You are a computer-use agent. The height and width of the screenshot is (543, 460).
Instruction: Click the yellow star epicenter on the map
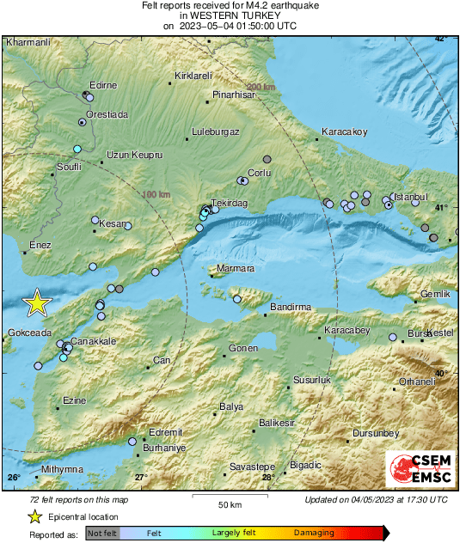37,302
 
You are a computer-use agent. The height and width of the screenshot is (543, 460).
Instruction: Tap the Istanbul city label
409,197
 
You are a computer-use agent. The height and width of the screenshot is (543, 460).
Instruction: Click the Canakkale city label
93,341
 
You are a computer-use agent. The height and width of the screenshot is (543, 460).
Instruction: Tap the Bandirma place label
290,307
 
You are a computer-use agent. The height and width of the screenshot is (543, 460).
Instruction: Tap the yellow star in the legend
34,516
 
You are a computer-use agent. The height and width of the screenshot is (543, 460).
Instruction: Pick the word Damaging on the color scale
314,534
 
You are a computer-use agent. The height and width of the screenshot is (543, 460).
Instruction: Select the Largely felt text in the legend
232,534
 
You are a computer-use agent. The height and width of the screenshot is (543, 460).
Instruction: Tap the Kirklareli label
193,76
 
